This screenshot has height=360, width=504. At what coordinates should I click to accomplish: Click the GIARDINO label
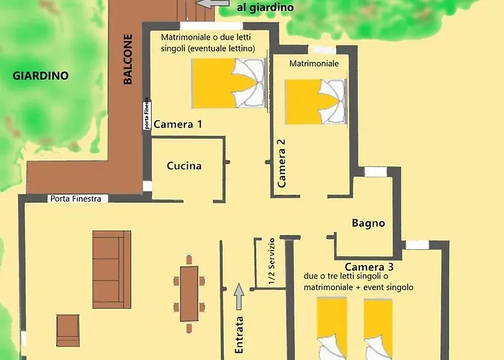click(x=40, y=76)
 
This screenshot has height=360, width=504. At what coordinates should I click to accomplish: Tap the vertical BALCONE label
click(x=127, y=59)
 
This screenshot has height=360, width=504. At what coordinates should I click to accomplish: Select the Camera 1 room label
click(x=178, y=124)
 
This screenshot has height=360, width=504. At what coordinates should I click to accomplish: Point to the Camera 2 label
click(x=282, y=163)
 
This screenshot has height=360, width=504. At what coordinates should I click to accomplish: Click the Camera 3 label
click(x=369, y=267)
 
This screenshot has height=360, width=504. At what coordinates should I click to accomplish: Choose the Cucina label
click(x=184, y=166)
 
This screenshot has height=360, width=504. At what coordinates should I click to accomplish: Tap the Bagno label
click(x=369, y=222)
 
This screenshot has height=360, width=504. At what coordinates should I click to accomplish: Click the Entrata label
click(x=239, y=335)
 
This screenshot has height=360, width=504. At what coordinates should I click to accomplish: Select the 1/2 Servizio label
click(x=271, y=261)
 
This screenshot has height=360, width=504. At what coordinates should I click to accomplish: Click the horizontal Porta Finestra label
click(x=76, y=199)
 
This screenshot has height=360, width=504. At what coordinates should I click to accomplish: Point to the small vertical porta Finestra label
click(x=147, y=114)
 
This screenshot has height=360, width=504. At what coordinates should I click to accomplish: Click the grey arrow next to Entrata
click(x=239, y=297)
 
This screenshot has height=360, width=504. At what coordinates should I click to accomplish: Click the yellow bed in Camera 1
click(x=228, y=84)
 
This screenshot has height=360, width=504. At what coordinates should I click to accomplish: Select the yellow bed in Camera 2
click(x=316, y=102)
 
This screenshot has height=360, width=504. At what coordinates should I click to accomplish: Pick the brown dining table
click(x=189, y=294)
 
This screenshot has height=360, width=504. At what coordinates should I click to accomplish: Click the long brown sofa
click(x=112, y=269)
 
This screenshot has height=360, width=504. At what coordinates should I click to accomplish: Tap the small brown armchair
click(x=68, y=330)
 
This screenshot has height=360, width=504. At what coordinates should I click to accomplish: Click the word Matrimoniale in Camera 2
click(x=314, y=63)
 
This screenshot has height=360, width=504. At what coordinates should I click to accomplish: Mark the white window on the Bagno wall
click(x=375, y=171)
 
